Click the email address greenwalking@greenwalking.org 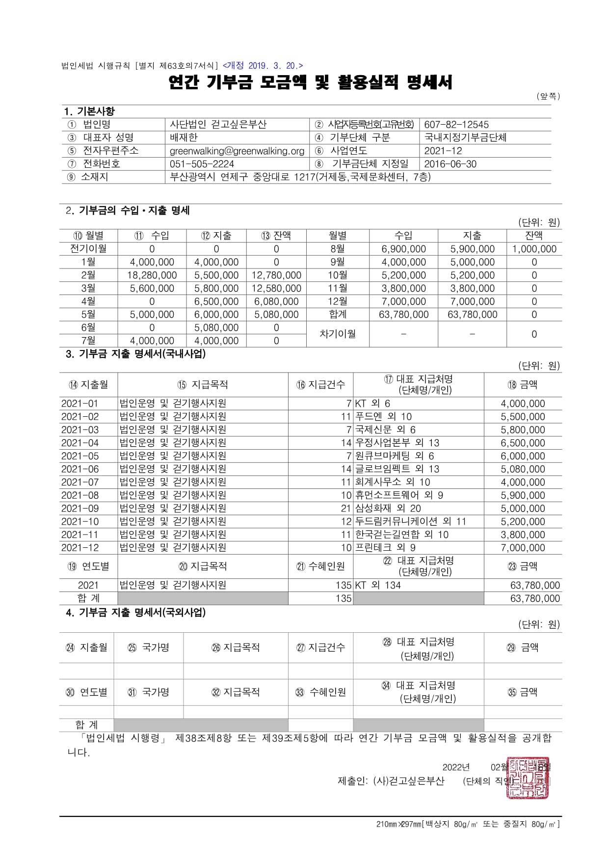(x=237, y=151)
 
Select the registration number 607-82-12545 (x=456, y=125)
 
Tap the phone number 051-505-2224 (x=202, y=164)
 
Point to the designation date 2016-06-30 (x=450, y=164)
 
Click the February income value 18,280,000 (x=152, y=275)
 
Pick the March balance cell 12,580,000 (x=276, y=289)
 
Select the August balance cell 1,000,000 (x=534, y=249)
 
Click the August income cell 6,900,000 (x=403, y=249)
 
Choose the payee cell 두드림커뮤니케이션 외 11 (x=410, y=521)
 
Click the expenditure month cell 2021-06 (x=80, y=469)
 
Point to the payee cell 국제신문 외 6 (x=385, y=430)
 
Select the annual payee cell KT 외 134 (x=377, y=585)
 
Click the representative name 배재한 (x=184, y=137)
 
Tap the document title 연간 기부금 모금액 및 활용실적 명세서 (x=310, y=82)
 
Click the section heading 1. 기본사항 (x=89, y=111)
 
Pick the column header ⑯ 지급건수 (x=320, y=385)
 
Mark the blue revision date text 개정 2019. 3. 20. (x=263, y=66)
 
